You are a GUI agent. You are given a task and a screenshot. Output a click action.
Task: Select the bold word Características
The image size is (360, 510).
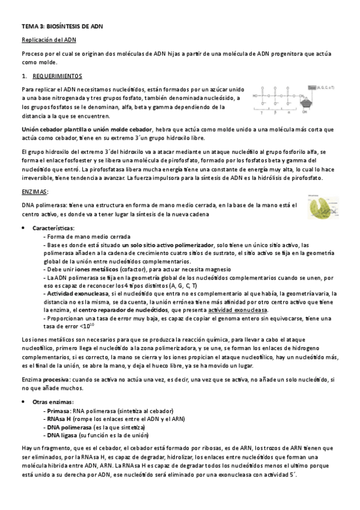click(53, 229)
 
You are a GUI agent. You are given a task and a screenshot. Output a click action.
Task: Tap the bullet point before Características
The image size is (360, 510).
click(23, 229)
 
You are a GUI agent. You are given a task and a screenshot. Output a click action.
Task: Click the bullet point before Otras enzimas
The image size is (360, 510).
click(23, 401)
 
